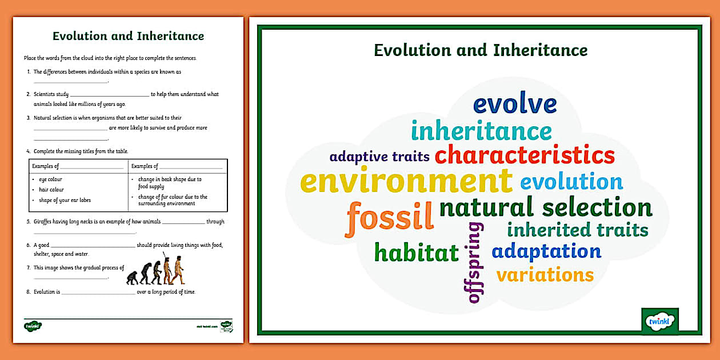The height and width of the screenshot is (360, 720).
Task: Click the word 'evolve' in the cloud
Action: click(515, 105)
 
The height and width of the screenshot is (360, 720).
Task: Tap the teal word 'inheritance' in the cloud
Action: click(481, 131)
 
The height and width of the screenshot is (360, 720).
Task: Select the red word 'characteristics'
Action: click(525, 155)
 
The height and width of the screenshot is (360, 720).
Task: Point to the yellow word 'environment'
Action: click(406, 181)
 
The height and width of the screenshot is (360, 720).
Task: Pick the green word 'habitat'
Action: click(417, 252)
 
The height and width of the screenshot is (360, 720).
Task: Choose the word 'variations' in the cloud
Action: click(545, 275)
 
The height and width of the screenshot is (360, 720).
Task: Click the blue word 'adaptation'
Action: click(546, 251)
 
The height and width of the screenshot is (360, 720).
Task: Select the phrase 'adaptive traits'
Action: click(379, 157)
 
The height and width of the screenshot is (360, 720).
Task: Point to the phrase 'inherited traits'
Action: click(577, 230)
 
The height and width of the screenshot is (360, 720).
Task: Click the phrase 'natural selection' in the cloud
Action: click(546, 207)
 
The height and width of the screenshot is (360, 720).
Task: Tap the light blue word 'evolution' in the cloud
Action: click(571, 182)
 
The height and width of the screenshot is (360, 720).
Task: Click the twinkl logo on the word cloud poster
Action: click(660, 321)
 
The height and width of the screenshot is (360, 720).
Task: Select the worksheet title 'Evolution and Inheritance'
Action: click(128, 36)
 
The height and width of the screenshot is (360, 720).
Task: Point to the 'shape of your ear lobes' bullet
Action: click(65, 200)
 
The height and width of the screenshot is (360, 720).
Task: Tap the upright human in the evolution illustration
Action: click(179, 270)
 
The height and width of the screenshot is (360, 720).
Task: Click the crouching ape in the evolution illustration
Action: click(132, 278)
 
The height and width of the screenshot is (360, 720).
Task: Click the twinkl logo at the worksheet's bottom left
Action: click(33, 326)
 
